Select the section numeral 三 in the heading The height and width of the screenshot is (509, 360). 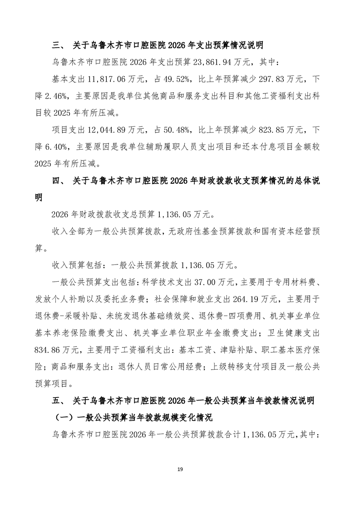[x=57, y=45]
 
